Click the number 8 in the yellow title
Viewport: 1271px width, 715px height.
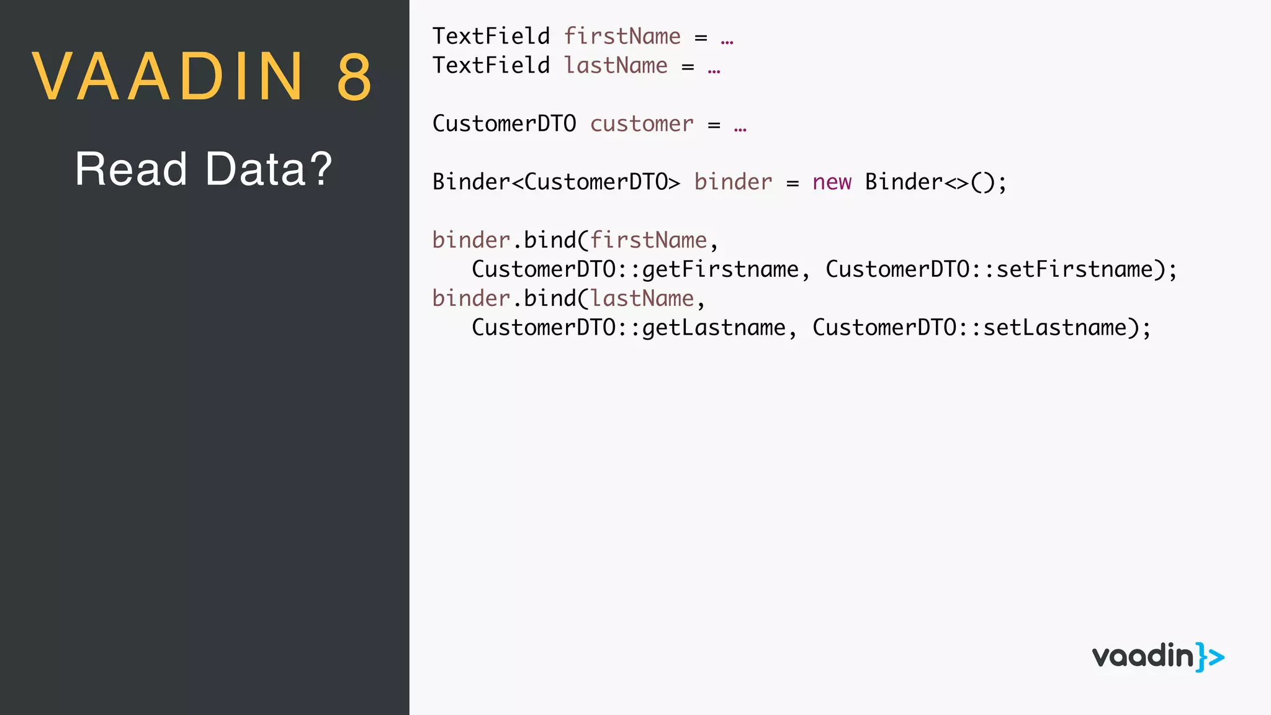(x=354, y=77)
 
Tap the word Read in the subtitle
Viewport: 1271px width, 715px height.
(x=131, y=169)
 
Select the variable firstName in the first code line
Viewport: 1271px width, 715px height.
(x=622, y=36)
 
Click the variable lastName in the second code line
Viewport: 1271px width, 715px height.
(x=616, y=65)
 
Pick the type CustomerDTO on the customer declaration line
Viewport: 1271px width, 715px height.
(x=504, y=124)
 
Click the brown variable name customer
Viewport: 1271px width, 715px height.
(x=641, y=124)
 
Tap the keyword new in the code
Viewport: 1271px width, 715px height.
(x=832, y=182)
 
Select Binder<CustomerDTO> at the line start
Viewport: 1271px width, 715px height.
(x=556, y=182)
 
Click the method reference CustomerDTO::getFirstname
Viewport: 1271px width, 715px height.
(x=635, y=269)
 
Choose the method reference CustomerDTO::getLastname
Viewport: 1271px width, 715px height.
(x=628, y=328)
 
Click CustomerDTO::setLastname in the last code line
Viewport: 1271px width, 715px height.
(x=976, y=328)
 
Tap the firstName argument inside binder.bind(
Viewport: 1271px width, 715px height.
(x=648, y=240)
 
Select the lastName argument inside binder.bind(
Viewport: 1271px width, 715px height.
(x=641, y=299)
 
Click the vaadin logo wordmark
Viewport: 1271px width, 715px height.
(x=1143, y=657)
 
